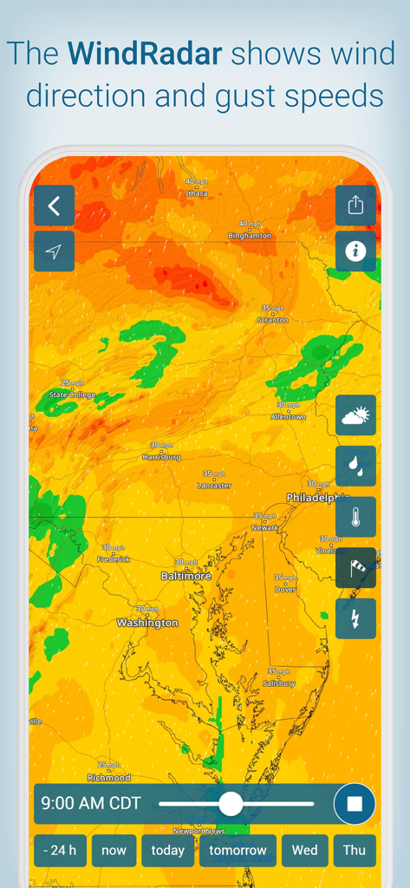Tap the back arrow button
[54, 206]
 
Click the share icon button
[355, 206]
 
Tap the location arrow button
[54, 251]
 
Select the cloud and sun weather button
[355, 415]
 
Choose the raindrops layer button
[355, 466]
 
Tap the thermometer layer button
[355, 517]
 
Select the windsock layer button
[355, 568]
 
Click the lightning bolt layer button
[355, 618]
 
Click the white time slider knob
[231, 804]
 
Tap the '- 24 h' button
[60, 850]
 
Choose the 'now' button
[114, 850]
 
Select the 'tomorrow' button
[238, 850]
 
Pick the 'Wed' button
[304, 850]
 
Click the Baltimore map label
[185, 576]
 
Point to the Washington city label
[147, 623]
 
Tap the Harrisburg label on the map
[161, 456]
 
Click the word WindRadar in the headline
[146, 55]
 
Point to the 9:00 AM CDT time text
[91, 804]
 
